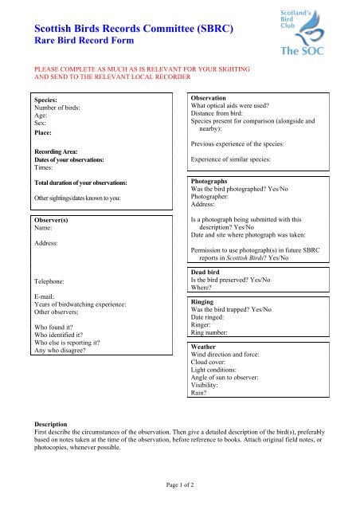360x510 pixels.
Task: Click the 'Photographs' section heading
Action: pos(213,182)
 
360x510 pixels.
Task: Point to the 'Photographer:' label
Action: pos(214,198)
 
